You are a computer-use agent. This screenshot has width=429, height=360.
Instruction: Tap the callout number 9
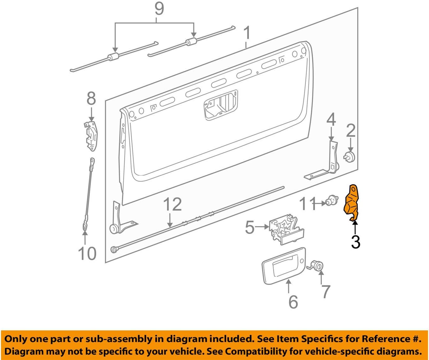click(159, 9)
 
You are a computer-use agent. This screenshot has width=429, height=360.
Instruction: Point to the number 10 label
click(87, 253)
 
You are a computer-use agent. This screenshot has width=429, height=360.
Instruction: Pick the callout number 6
click(293, 302)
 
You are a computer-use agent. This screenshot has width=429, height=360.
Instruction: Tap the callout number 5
click(250, 228)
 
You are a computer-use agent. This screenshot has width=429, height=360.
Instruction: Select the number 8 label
click(91, 99)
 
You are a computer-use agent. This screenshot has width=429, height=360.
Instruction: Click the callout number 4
click(331, 120)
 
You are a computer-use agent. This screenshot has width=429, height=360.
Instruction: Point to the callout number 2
click(351, 131)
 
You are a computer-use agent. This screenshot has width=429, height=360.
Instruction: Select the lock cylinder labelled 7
click(315, 265)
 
